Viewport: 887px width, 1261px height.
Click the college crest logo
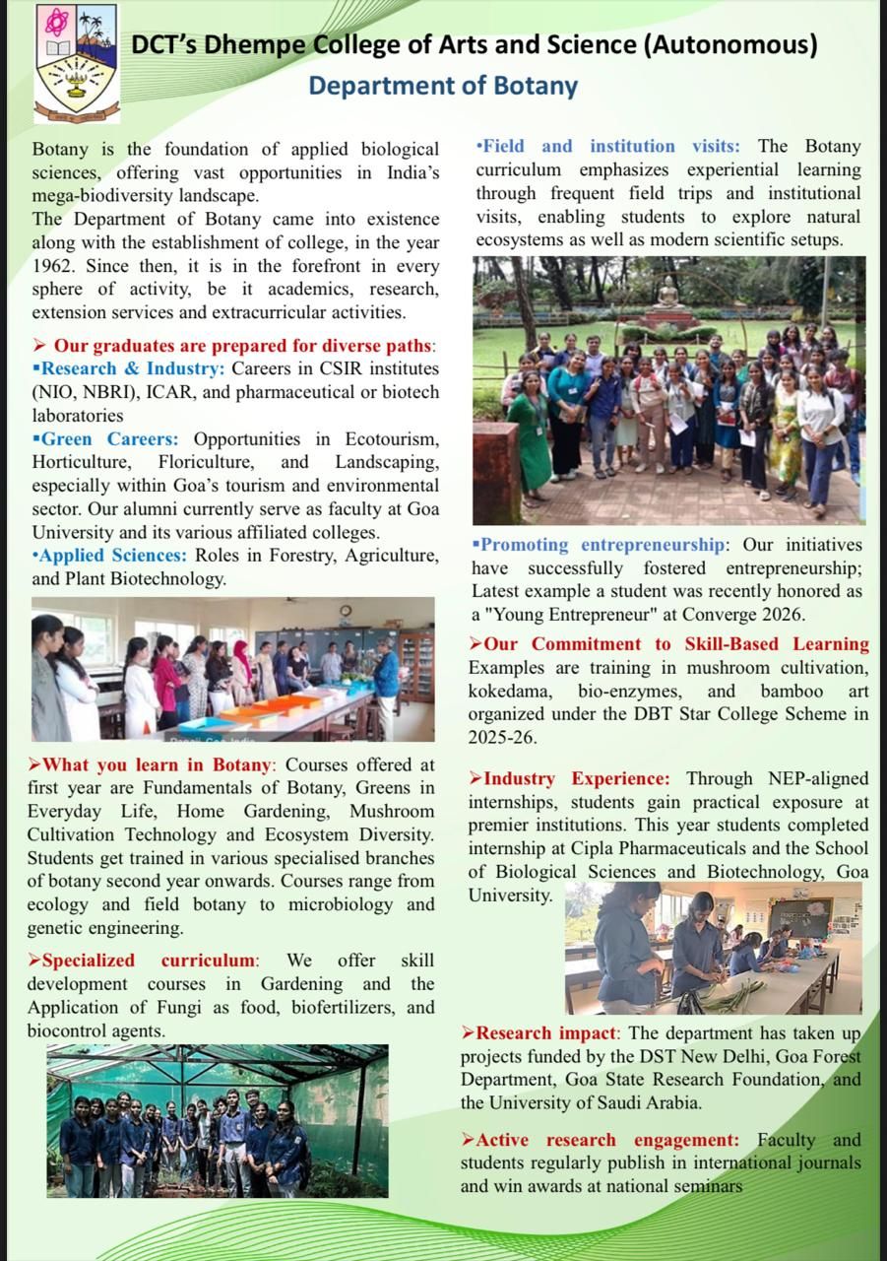pyautogui.click(x=77, y=64)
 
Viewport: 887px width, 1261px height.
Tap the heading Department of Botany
pyautogui.click(x=443, y=86)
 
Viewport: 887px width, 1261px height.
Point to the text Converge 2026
pyautogui.click(x=748, y=615)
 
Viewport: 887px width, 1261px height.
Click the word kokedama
pyautogui.click(x=511, y=691)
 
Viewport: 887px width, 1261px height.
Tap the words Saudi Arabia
pyautogui.click(x=640, y=1102)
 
